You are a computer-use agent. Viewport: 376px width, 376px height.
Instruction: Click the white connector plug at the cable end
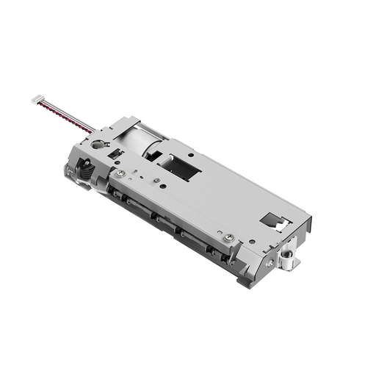[x=37, y=98]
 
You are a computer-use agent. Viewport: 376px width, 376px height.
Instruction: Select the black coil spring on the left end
[x=85, y=175]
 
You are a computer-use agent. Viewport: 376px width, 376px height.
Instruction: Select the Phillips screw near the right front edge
[x=230, y=237]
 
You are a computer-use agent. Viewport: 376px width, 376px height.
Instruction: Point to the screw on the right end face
[x=271, y=262]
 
